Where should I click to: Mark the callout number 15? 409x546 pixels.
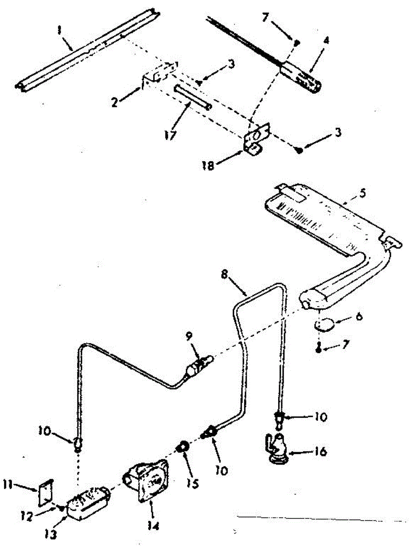coord(193,484)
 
